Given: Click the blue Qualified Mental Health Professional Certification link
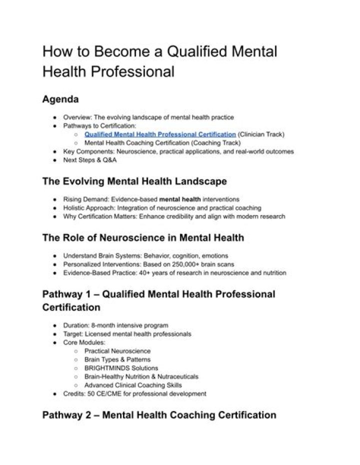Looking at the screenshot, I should click(160, 134).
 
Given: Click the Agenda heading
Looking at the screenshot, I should click(60, 99).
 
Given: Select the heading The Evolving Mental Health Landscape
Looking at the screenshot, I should click(134, 181).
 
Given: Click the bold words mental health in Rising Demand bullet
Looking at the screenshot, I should click(183, 199).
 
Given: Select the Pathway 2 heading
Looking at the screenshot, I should click(159, 415).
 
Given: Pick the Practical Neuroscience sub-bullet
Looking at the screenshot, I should click(117, 351).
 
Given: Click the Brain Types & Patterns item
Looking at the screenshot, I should click(117, 359).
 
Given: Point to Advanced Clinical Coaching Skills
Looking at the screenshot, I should click(133, 385).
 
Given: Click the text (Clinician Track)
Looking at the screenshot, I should click(261, 134).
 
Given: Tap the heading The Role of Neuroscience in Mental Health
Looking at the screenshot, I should click(143, 238).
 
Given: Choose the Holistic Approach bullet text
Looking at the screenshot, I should click(162, 207).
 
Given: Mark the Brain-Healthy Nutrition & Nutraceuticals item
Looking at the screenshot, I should click(141, 376).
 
